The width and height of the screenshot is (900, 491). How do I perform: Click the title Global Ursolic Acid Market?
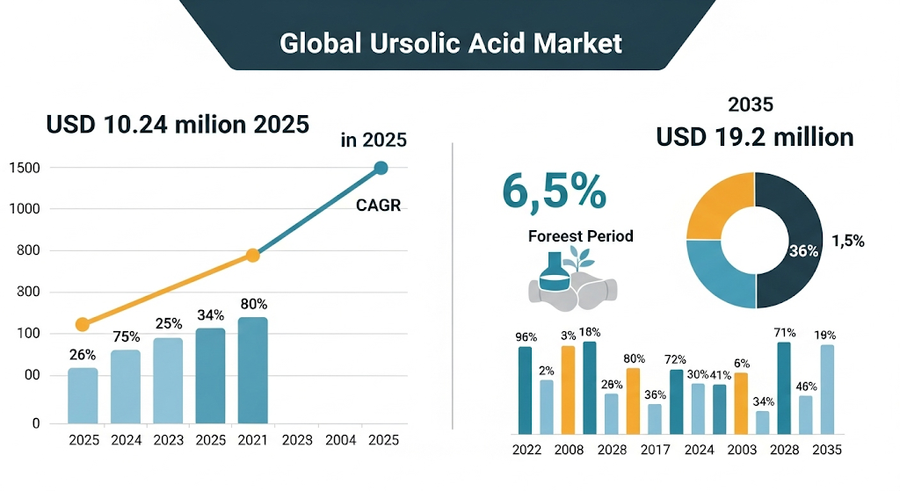[x=450, y=42]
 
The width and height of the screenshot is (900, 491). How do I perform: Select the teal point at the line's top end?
[x=381, y=168]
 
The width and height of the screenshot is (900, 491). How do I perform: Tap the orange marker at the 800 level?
[x=252, y=255]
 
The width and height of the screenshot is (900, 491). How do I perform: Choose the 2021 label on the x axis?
[x=253, y=440]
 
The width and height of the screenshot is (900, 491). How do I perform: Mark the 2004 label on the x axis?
[x=338, y=440]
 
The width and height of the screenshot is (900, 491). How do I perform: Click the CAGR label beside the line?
[x=379, y=206]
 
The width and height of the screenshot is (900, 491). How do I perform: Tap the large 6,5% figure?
[x=554, y=192]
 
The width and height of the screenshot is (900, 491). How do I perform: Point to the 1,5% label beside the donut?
[x=847, y=241]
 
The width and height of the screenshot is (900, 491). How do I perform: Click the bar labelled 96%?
[x=525, y=390]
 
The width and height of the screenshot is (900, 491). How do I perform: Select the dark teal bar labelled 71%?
[x=784, y=387]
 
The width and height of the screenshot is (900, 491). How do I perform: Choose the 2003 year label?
[x=741, y=450]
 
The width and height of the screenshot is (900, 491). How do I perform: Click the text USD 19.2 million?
[x=755, y=137]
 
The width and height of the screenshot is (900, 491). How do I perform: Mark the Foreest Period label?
[x=580, y=236]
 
